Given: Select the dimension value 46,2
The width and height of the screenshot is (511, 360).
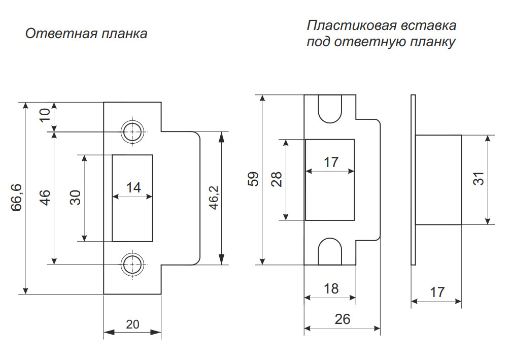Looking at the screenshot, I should coord(213,198).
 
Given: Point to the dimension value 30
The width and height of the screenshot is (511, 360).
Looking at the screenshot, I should coord(75,198).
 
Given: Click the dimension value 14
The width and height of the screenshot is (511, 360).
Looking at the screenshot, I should coord(133,188).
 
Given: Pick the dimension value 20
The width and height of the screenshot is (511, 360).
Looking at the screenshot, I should coord(133,324).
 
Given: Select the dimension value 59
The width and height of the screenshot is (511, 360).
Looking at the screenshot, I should coord(253,179).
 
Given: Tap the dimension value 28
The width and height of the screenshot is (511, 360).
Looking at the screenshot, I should coord(277,179).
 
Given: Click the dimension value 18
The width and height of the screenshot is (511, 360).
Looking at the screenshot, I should coord(330,289).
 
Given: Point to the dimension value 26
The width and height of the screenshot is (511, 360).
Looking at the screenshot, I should coord(343,319).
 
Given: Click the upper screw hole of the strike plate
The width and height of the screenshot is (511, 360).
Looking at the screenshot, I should coord(132,132).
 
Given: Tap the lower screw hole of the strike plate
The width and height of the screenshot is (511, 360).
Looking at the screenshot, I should coord(132,265).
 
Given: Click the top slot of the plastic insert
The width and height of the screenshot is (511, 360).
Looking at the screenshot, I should coord(330,109).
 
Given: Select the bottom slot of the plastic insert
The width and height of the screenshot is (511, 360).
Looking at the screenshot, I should coord(330,252).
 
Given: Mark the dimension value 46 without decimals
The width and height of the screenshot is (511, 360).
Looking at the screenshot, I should coord(45,198).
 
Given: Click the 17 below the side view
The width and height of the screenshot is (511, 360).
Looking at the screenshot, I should coord(436,292).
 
